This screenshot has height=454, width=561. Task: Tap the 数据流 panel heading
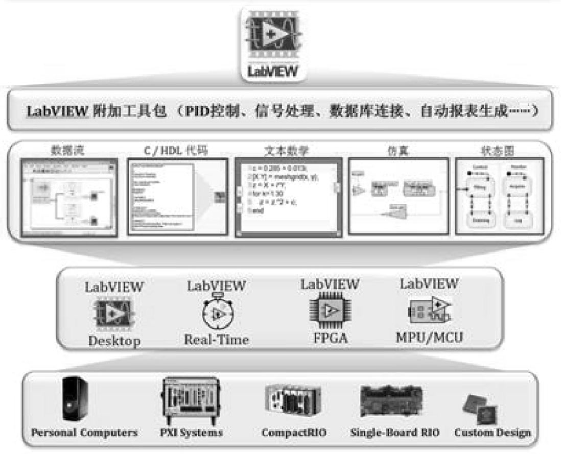(67, 151)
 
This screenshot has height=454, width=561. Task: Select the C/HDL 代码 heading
(176, 151)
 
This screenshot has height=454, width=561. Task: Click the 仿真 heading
(396, 151)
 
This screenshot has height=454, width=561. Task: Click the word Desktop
(114, 341)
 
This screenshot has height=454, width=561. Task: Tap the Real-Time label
(217, 339)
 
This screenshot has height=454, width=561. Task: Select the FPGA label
(329, 338)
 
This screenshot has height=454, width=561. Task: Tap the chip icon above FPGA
(329, 310)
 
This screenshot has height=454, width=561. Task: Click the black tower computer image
(75, 398)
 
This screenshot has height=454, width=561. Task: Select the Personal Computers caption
(84, 433)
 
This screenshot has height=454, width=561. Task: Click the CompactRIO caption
(294, 433)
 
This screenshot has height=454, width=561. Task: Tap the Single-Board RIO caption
(394, 433)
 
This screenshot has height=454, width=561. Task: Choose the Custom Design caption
(493, 433)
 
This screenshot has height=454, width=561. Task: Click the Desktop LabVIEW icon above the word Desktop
(113, 313)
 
